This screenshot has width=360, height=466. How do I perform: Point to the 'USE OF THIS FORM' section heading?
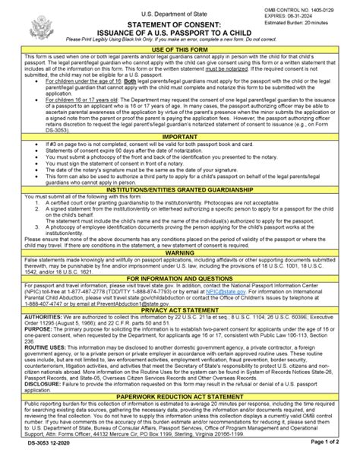point(180,49)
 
